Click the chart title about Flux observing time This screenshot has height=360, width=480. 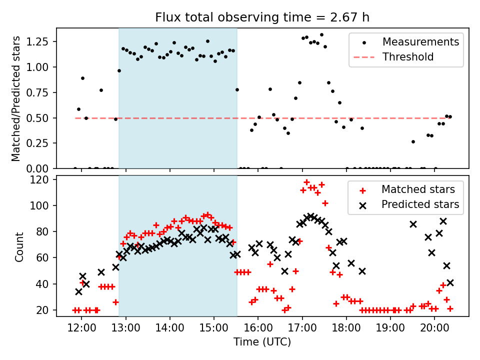[x=262, y=18]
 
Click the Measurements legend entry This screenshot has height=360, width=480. [x=420, y=42]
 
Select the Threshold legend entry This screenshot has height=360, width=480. [x=408, y=57]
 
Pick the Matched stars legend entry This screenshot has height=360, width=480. [x=418, y=189]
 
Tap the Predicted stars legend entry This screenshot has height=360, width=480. [x=420, y=204]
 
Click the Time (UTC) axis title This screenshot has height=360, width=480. [x=262, y=342]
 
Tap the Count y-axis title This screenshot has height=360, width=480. [x=19, y=246]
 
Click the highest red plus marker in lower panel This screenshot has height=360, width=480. [x=307, y=182]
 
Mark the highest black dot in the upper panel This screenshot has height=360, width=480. [x=321, y=35]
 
